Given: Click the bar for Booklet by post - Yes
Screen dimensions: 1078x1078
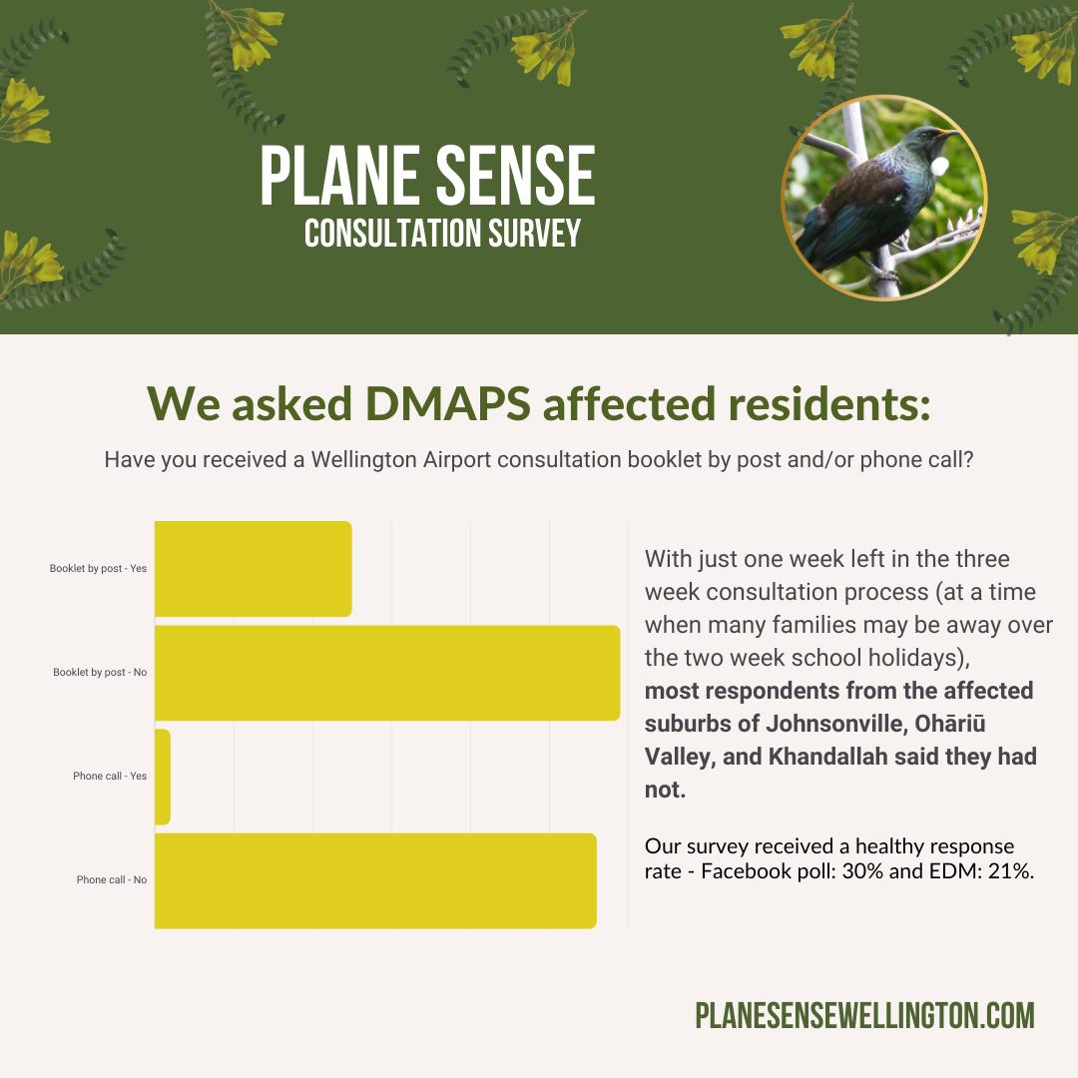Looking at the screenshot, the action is pyautogui.click(x=253, y=569).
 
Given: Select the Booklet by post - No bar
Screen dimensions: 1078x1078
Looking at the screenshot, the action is pyautogui.click(x=387, y=673).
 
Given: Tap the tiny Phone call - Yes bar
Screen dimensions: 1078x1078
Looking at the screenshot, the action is pyautogui.click(x=163, y=777).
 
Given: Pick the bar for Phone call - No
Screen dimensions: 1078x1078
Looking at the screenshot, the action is pyautogui.click(x=375, y=880).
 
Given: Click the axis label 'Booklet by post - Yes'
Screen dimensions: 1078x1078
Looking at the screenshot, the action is pyautogui.click(x=98, y=569).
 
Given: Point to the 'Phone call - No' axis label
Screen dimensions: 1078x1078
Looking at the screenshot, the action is pyautogui.click(x=112, y=880).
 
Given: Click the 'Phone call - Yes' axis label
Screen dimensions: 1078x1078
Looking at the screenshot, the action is pyautogui.click(x=110, y=777).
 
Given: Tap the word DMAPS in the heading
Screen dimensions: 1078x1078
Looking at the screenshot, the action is pyautogui.click(x=447, y=403).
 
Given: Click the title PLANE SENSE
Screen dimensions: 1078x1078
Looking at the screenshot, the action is pyautogui.click(x=427, y=176).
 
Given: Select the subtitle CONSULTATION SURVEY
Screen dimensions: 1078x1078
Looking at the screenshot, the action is pyautogui.click(x=443, y=233).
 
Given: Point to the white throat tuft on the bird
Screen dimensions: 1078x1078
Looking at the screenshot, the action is pyautogui.click(x=939, y=166).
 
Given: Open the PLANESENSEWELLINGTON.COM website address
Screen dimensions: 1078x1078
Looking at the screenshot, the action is pyautogui.click(x=864, y=1016).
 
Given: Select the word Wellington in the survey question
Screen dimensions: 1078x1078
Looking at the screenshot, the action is pyautogui.click(x=363, y=460).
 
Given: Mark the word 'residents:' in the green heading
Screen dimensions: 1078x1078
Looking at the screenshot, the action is pyautogui.click(x=829, y=403).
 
